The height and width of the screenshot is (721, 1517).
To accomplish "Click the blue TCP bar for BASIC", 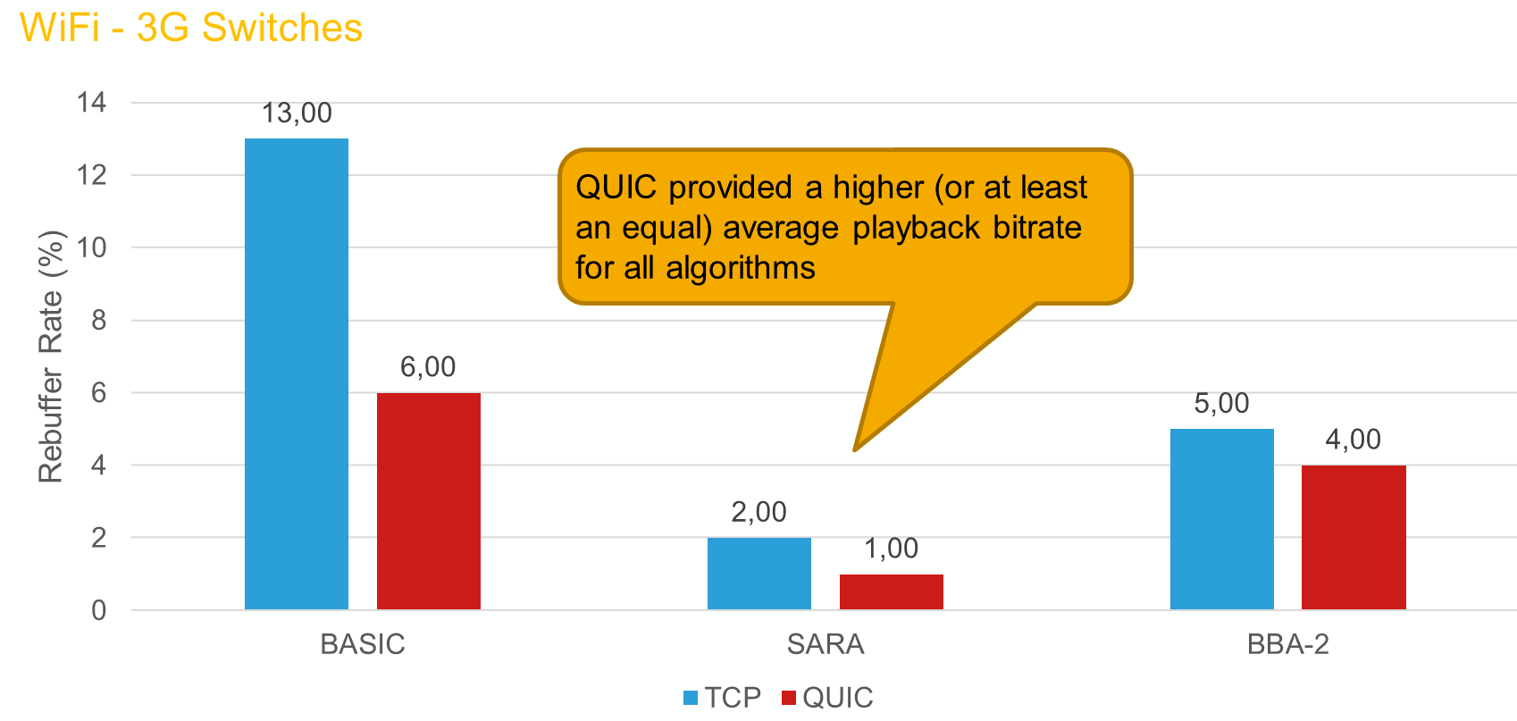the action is coord(297,373).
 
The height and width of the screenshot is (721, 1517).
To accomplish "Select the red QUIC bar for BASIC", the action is coord(429,501).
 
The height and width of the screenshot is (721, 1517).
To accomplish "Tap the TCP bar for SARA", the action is coord(759,574).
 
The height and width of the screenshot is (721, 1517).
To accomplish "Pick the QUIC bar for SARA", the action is coord(892,591).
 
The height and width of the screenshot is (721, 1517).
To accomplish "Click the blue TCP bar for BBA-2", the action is coord(1221,519).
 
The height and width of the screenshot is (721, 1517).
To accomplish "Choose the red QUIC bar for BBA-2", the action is coord(1354,538).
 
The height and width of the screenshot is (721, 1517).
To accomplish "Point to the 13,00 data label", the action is coord(297,113).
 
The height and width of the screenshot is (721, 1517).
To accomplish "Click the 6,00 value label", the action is coord(428,367).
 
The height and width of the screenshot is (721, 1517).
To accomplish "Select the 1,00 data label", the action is coord(892,549).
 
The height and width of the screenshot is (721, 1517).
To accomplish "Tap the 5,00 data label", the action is coord(1221,404).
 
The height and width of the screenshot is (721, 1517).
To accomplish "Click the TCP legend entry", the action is coord(722,697).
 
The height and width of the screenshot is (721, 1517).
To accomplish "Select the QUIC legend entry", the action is coord(827,697).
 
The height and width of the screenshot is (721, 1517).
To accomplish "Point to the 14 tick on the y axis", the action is coord(91,103).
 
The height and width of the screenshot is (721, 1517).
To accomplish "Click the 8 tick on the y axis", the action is coord(99,320).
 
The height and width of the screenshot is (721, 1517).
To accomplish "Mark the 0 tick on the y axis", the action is coord(99,610).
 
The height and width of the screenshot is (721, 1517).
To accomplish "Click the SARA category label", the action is coord(826,644).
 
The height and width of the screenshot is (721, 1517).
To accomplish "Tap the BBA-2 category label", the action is coord(1288,644).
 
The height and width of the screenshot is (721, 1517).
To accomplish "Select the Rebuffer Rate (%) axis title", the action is coord(51,356).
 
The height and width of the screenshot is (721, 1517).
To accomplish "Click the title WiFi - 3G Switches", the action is coord(191,28).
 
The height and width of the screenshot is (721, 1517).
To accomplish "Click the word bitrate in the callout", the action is coord(1037,228).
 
